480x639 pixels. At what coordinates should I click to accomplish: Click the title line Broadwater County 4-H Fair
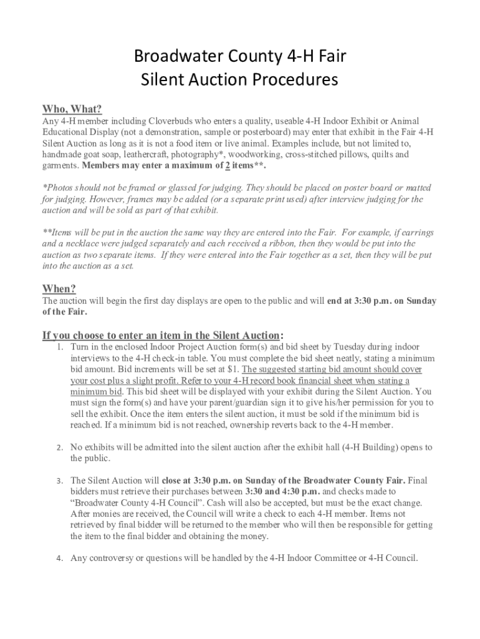(240, 59)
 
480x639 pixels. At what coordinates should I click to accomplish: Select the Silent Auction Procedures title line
(240, 80)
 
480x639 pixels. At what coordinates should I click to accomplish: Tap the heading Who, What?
(72, 109)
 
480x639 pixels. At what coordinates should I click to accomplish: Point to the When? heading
(59, 288)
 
